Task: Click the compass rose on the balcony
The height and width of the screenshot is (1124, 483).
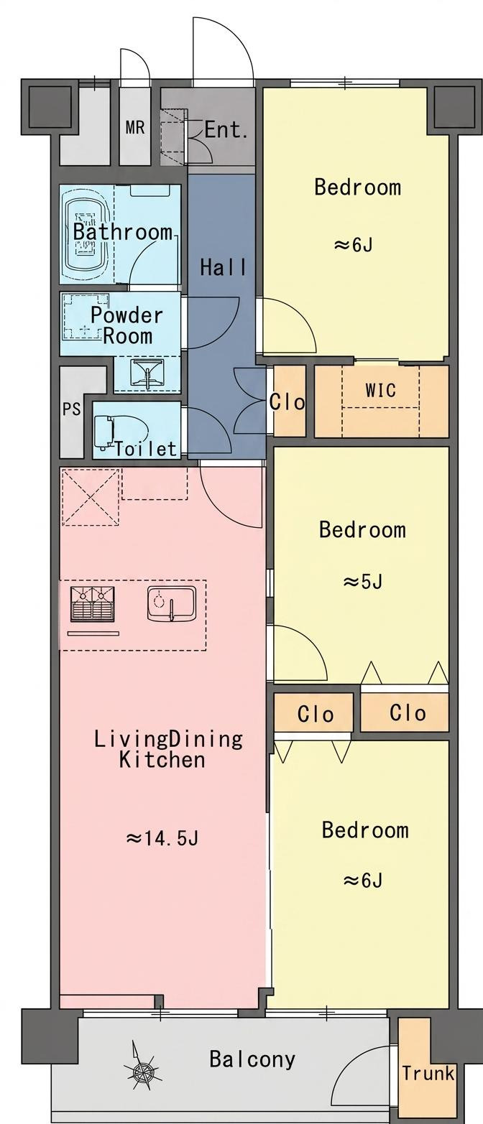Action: coord(142,1071)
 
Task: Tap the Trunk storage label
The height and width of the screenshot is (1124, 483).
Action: coord(428,1073)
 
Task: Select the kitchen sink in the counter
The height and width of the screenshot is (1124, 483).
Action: coord(171,603)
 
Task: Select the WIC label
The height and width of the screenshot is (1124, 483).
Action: coord(380,391)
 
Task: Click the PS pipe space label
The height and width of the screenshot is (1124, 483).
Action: coord(71,409)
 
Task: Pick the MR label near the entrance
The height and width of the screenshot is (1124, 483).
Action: coord(134,127)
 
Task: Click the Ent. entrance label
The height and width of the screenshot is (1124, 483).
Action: coord(226,131)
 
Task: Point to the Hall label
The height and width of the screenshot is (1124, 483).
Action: coord(224,267)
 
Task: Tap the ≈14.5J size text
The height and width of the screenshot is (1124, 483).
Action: coord(162,838)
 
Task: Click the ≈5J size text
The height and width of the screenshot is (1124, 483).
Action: coord(362,582)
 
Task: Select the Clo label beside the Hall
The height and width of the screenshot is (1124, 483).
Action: coord(287,401)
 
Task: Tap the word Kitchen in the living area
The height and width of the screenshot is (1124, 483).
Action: coord(162,759)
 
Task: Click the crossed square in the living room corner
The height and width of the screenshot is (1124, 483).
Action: coord(91,497)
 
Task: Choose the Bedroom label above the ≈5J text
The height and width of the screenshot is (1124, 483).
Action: coord(362,530)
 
